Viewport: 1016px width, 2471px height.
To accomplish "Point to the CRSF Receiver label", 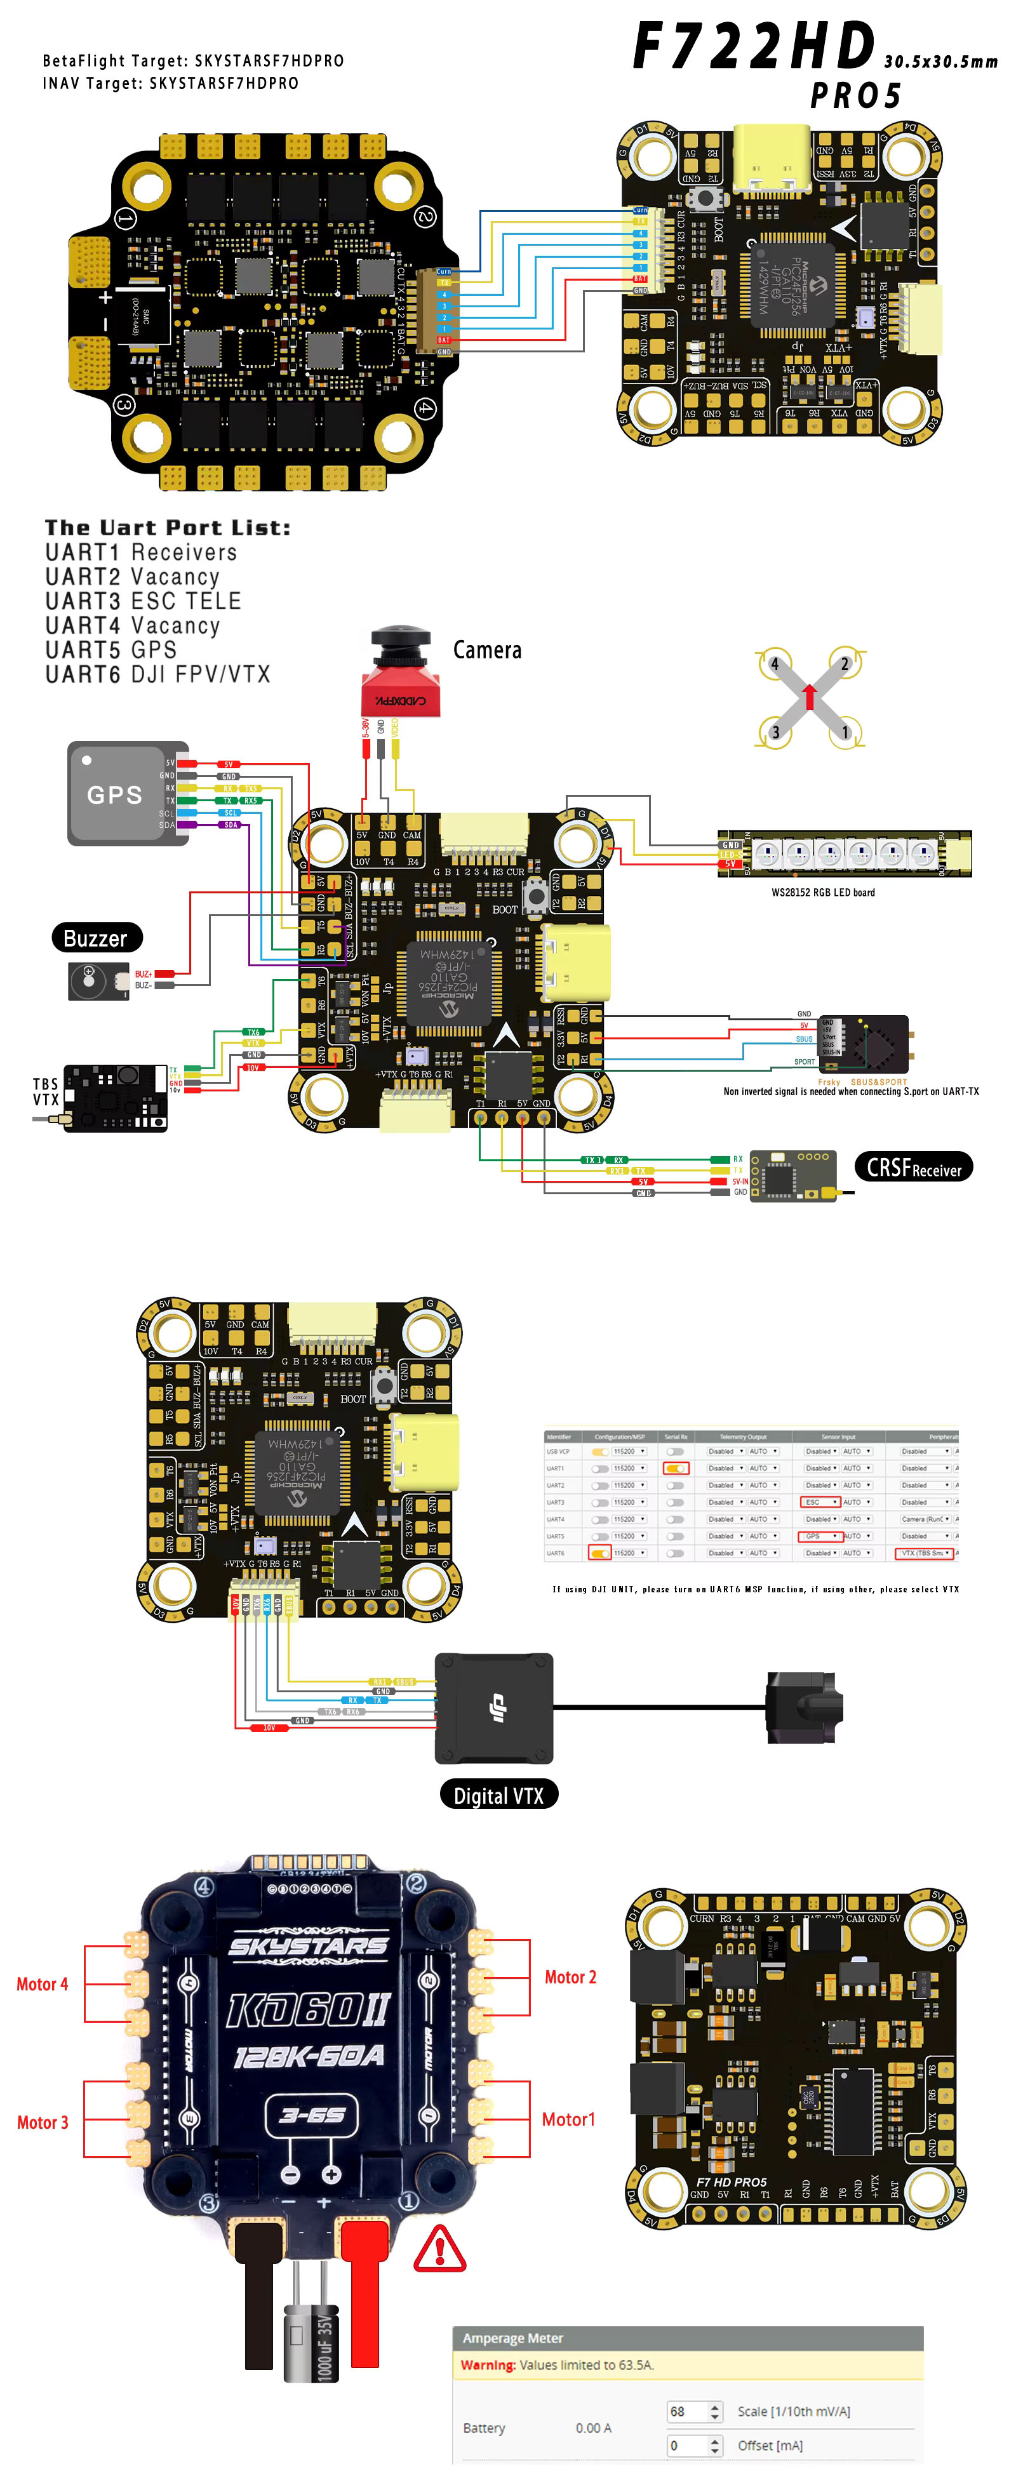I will pos(912,1168).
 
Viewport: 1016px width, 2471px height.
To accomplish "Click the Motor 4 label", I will pos(42,1983).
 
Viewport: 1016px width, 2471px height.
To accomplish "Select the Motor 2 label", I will pos(570,1977).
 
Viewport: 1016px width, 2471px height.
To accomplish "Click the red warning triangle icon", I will pos(439,2248).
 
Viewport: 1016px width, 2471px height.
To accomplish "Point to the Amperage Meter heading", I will pos(512,2338).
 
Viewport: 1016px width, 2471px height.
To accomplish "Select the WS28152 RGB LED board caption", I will pos(822,892).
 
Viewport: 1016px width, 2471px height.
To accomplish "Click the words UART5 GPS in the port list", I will pos(110,649).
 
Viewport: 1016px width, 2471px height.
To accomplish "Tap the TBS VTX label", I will pos(45,1091).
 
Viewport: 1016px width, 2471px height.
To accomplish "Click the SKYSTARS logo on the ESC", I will pos(308,1945).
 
